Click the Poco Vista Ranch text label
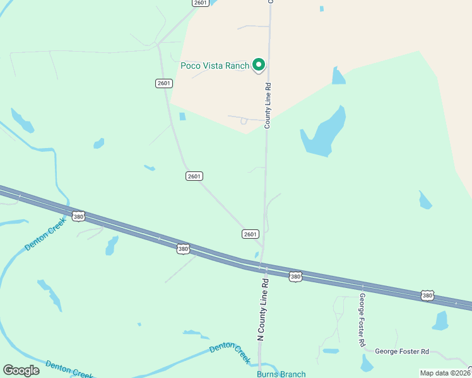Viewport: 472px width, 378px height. click(x=215, y=65)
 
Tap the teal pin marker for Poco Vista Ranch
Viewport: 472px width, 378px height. click(x=258, y=64)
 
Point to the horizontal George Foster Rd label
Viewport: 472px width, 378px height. click(x=401, y=352)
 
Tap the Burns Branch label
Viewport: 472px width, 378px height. click(x=281, y=374)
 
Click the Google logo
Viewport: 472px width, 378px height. click(x=21, y=370)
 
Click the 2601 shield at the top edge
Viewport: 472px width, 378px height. click(x=201, y=3)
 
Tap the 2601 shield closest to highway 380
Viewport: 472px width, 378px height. click(x=250, y=234)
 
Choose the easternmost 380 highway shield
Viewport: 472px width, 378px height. click(x=427, y=295)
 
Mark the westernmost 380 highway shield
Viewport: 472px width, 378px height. click(x=78, y=216)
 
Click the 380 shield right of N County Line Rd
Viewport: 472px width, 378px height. click(x=295, y=276)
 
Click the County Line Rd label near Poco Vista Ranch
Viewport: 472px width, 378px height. click(x=268, y=106)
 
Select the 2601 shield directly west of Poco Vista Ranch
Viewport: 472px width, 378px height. click(x=163, y=83)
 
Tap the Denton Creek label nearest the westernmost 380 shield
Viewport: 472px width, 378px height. click(x=45, y=234)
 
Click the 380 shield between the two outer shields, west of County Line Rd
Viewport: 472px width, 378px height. click(x=183, y=249)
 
